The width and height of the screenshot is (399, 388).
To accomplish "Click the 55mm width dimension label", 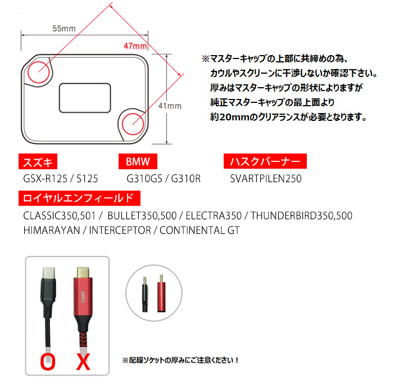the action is click(64, 29).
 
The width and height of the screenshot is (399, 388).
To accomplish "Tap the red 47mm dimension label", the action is click(135, 46).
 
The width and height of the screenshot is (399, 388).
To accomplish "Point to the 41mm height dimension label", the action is click(170, 106).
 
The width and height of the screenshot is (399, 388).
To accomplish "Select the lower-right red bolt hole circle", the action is click(122, 124).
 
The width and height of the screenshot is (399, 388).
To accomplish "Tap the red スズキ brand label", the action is click(38, 161).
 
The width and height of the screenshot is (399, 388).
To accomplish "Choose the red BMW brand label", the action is click(138, 161).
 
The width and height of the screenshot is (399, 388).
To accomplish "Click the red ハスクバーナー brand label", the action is click(265, 161).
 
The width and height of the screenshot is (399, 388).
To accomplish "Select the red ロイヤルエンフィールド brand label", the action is click(79, 198).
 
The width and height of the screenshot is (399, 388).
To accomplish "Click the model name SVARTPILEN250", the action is click(266, 179).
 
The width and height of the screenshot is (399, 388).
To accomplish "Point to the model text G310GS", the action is click(144, 179).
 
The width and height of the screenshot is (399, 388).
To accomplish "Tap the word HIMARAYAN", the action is click(52, 231).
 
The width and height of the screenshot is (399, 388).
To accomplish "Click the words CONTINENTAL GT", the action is click(199, 231).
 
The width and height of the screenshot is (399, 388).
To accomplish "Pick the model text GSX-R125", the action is click(45, 179).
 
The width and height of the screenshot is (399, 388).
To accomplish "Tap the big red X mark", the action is click(84, 362).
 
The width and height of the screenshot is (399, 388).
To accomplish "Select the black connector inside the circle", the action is click(145, 295).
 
